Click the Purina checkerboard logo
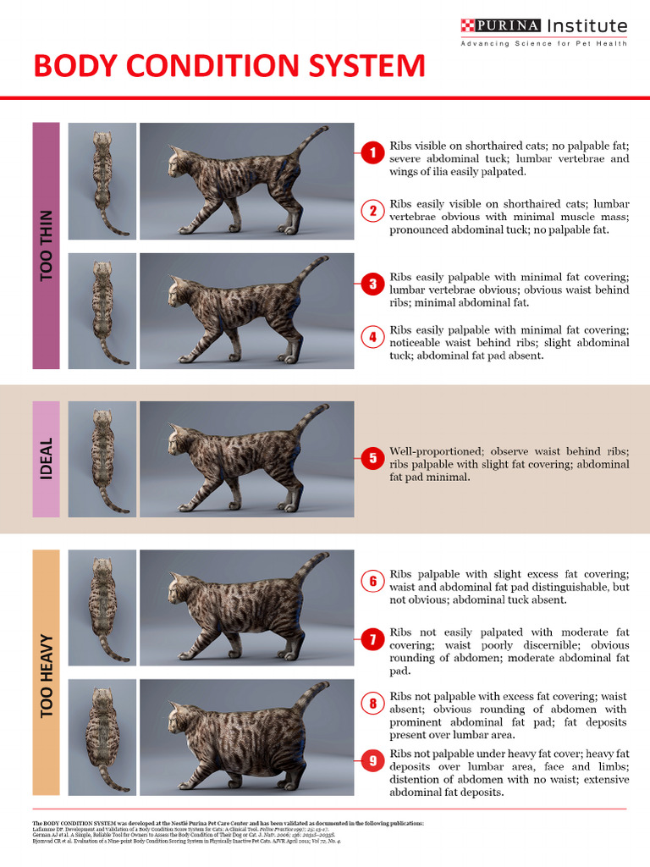[x=467, y=25]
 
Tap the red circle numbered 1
[x=372, y=152]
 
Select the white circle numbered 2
[x=372, y=211]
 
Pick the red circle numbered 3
[x=372, y=284]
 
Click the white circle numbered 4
[x=372, y=337]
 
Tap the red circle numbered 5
[x=372, y=458]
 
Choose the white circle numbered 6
[x=372, y=582]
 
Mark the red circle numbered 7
[x=372, y=640]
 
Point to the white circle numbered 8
[x=372, y=703]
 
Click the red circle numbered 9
[x=372, y=761]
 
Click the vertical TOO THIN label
[x=46, y=246]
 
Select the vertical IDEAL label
[x=46, y=459]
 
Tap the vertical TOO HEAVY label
[x=46, y=676]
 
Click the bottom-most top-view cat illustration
[x=102, y=737]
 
